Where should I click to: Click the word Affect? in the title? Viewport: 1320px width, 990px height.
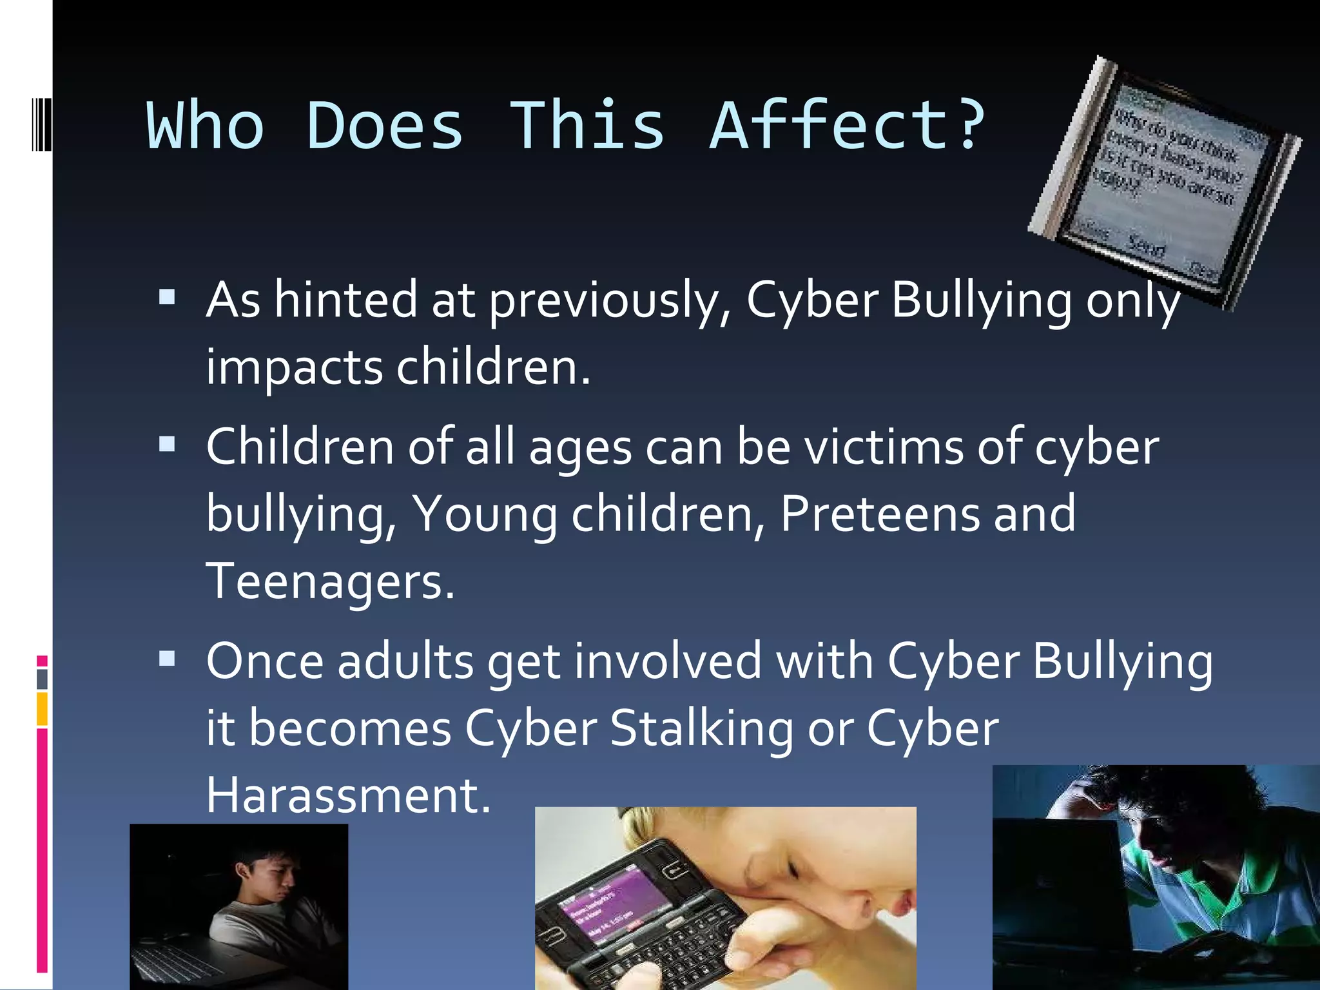tap(848, 126)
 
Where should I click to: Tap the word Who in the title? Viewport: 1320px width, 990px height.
tap(206, 126)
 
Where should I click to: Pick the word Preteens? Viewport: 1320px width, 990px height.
tap(880, 514)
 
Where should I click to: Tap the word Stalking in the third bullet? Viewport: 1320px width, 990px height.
tap(701, 729)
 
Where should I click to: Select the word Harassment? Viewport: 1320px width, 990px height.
tap(348, 795)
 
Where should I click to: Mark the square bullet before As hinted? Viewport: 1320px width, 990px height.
tap(167, 297)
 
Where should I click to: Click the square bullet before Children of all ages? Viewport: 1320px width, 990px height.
tap(167, 444)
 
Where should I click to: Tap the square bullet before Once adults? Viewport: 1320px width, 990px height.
tap(167, 658)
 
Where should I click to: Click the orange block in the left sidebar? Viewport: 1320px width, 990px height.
tap(42, 708)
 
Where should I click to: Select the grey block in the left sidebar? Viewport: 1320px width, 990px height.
tap(42, 679)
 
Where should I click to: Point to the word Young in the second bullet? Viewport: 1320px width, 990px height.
tap(485, 514)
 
